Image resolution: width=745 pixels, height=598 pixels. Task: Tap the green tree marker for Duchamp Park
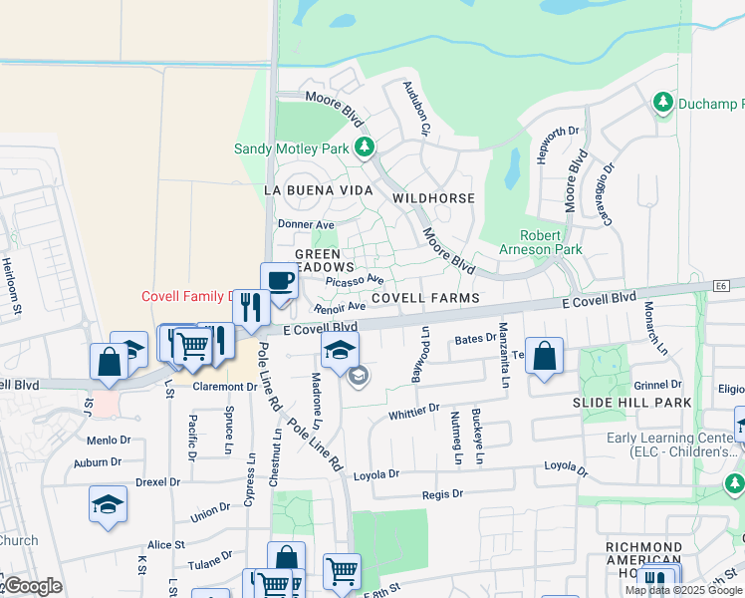point(662,102)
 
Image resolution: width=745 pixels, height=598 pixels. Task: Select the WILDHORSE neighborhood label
point(433,198)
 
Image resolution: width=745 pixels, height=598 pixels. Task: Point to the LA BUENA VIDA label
point(318,189)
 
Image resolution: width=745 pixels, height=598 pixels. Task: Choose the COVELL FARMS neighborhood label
point(425,298)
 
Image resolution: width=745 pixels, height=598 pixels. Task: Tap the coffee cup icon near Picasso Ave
point(279,281)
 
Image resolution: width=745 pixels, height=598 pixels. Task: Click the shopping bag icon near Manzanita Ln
point(544,357)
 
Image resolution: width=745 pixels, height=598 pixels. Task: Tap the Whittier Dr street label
point(413,410)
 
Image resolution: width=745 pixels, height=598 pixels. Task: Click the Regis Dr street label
point(442,493)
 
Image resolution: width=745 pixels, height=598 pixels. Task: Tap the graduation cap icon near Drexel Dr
point(108,504)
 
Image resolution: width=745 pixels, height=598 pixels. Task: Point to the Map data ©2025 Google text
point(683,590)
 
